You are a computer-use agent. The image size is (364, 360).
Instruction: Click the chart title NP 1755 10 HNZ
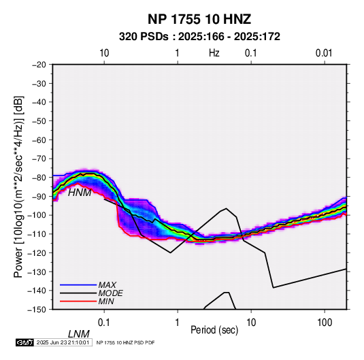pos(199,19)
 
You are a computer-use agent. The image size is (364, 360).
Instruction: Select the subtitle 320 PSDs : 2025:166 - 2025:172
pos(199,37)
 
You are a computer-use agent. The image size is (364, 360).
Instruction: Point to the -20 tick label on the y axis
pos(39,65)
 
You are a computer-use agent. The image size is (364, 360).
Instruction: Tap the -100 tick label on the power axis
pos(37,215)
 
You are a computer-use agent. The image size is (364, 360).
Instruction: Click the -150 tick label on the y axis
pos(37,310)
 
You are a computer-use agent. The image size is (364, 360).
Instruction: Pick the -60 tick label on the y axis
pos(39,140)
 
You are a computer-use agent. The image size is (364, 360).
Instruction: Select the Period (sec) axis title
pos(214,330)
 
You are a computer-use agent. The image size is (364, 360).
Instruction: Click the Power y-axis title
pos(18,187)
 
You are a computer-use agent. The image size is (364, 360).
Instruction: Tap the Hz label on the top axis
pos(214,53)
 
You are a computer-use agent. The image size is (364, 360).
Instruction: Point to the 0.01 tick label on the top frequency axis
pos(324,53)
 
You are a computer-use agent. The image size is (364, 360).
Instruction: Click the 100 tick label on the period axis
pos(325,323)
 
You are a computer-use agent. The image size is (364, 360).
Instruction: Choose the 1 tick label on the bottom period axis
pos(178,323)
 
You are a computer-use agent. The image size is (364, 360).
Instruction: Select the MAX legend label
pos(107,284)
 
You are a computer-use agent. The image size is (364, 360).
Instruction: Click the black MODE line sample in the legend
pos(78,293)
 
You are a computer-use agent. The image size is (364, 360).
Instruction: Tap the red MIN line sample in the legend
pos(78,301)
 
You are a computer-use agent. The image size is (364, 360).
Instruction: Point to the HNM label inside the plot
pos(80,193)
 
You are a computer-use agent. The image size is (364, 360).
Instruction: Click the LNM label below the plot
pos(79,334)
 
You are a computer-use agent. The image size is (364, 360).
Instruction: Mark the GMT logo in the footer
pos(24,342)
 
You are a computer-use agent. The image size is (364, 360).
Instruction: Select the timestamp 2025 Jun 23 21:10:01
pos(63,342)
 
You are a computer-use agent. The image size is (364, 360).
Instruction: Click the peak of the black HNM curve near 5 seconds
pos(226,208)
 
